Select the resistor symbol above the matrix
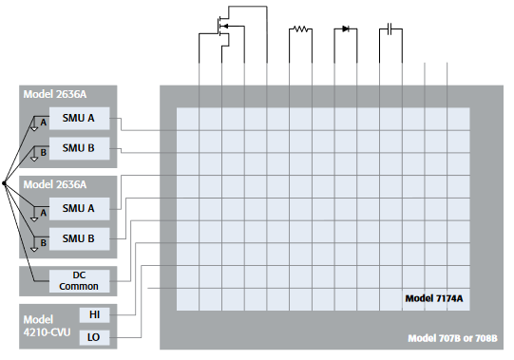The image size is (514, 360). tap(300, 28)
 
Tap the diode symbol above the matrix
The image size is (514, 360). tap(345, 28)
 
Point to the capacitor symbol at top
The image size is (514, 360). tap(388, 28)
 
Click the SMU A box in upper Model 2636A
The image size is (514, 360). tap(79, 119)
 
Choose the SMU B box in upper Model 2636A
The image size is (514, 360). tap(79, 148)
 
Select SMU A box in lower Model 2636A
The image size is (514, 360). tap(79, 208)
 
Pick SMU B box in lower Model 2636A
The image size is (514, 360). tap(79, 237)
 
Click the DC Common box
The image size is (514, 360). tap(79, 280)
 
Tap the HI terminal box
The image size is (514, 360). tap(94, 314)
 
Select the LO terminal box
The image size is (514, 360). tap(94, 337)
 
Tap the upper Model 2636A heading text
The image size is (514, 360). tap(53, 95)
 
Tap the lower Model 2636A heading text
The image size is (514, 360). tap(53, 184)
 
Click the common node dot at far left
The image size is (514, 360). tap(5, 182)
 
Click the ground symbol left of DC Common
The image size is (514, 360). tap(34, 281)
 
